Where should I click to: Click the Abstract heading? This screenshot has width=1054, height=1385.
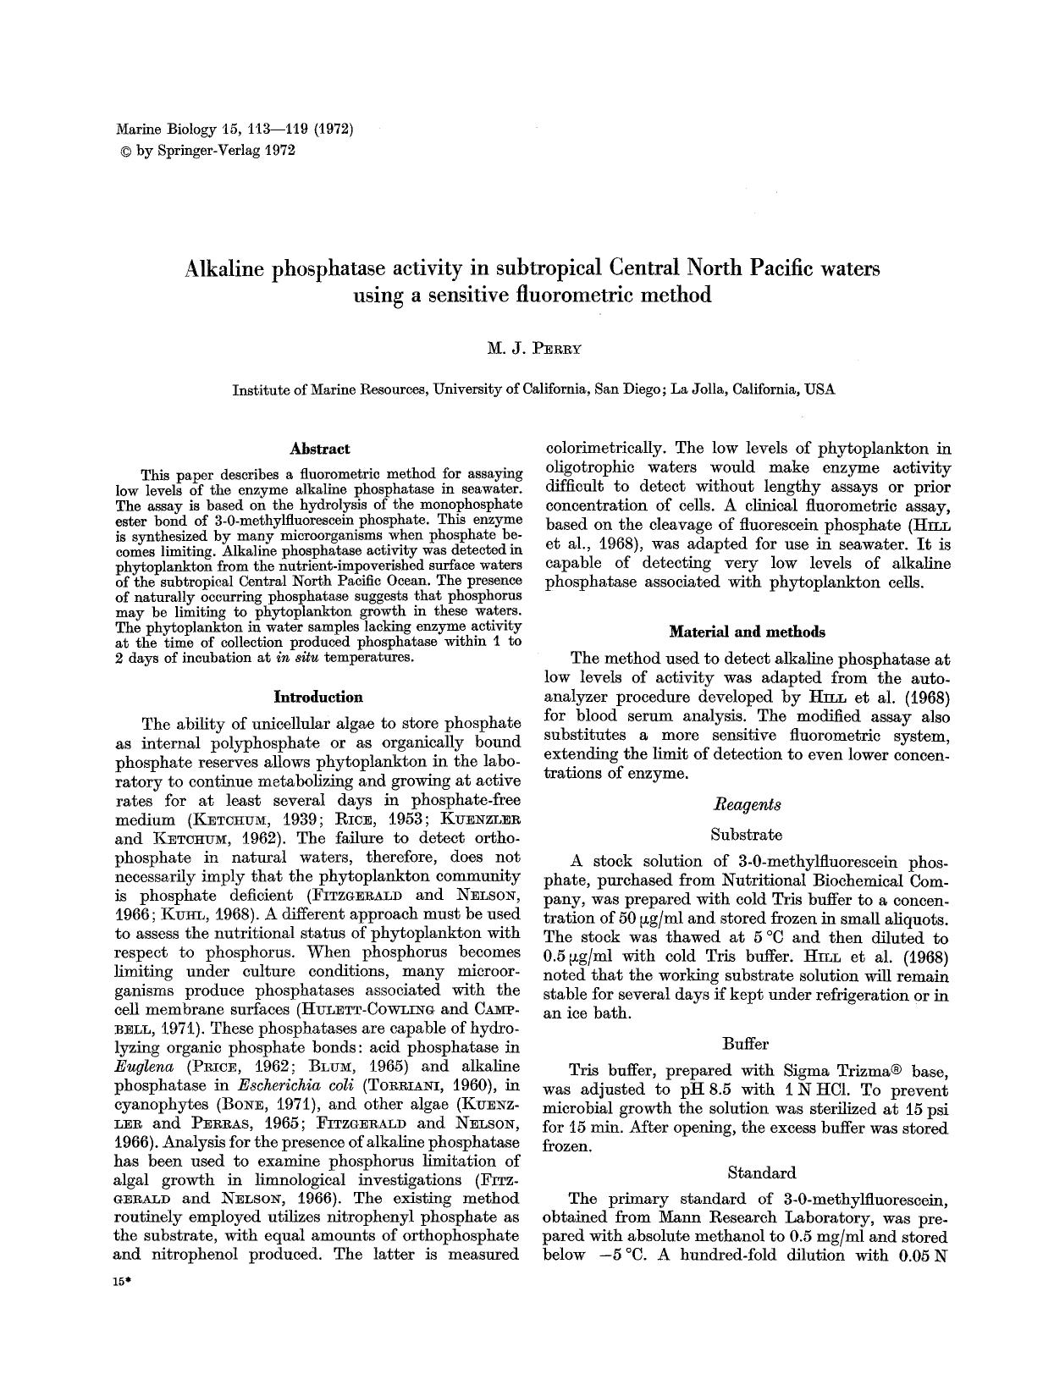[319, 449]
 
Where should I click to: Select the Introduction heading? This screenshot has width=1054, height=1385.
[318, 697]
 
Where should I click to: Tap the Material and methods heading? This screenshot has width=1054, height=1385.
[747, 632]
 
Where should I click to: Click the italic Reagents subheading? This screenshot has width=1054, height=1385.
[748, 804]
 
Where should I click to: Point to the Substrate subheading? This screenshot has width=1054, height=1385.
[747, 834]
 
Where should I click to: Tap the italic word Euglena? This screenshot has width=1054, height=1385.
[140, 1067]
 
